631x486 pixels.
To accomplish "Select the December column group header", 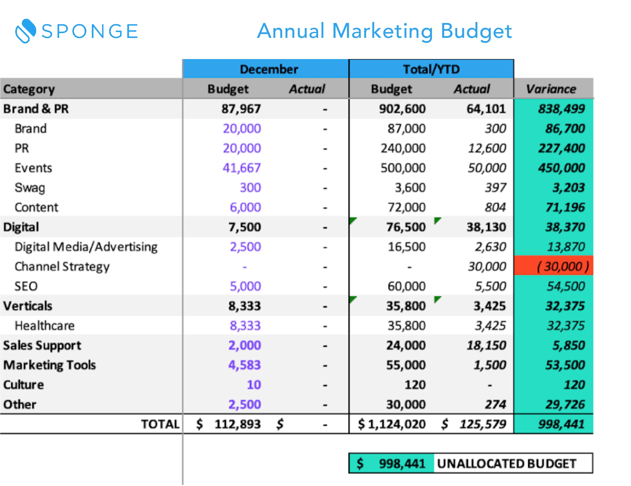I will [x=268, y=69].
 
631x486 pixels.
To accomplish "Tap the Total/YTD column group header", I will [x=431, y=69].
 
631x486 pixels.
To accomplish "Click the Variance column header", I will [x=551, y=89].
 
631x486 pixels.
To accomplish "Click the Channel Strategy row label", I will [x=62, y=266].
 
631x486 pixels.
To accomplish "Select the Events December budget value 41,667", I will [x=241, y=168].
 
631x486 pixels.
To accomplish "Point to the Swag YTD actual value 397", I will [x=495, y=188].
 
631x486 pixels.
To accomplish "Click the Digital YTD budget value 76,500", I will [x=406, y=227].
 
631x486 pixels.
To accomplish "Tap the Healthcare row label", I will [x=45, y=326].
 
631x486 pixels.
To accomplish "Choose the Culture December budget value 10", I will [x=254, y=385].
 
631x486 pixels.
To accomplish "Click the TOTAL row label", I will [x=160, y=424].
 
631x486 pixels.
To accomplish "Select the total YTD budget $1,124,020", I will [x=392, y=424].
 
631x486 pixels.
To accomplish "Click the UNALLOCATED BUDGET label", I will [x=506, y=464].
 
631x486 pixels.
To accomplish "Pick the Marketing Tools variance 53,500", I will [x=565, y=365].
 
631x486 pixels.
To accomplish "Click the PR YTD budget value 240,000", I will [x=403, y=148].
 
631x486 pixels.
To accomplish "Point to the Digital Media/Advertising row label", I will [x=86, y=247].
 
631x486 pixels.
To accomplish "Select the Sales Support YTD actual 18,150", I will [x=486, y=345].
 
